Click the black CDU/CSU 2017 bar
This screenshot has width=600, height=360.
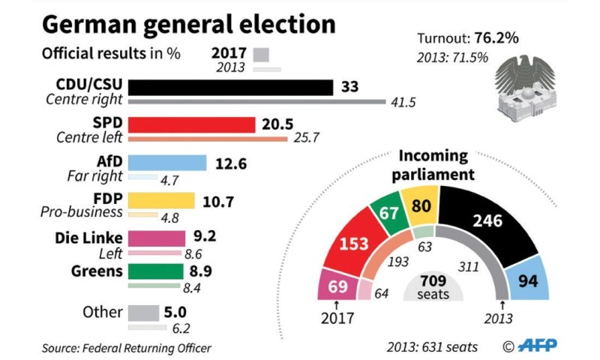click(231, 88)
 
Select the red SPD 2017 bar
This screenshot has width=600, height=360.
click(192, 124)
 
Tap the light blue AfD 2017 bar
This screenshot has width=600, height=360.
click(167, 163)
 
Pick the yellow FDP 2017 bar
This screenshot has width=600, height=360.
click(161, 200)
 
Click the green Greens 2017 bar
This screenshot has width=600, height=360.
click(155, 271)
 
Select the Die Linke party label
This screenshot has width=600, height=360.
click(88, 238)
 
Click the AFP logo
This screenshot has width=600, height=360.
click(534, 346)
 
